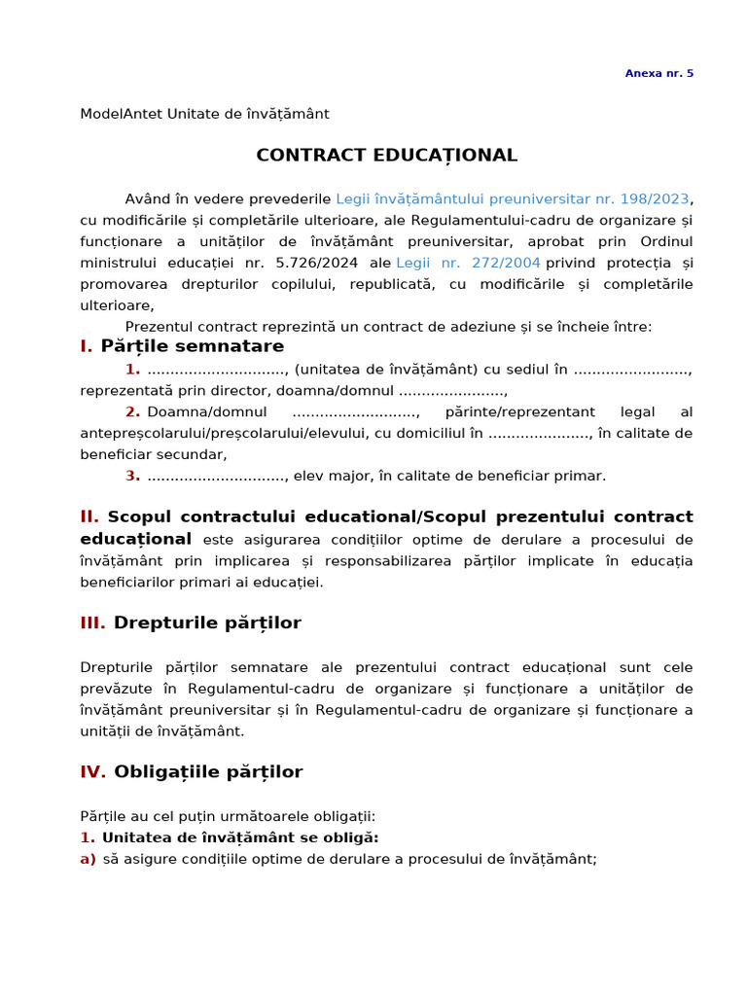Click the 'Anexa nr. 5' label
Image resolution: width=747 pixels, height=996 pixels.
click(658, 73)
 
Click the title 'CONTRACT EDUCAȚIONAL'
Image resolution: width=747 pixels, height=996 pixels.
click(386, 156)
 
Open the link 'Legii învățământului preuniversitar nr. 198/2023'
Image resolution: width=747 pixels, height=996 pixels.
click(512, 198)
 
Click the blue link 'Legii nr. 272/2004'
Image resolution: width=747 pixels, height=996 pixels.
click(468, 263)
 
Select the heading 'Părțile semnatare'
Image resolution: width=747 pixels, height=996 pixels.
click(192, 346)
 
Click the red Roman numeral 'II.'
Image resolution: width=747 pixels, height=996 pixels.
click(89, 516)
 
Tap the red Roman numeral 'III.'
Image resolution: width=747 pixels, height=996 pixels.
click(92, 623)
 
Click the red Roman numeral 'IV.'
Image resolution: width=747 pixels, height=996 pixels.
click(92, 772)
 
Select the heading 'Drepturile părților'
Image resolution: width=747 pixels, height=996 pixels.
click(207, 623)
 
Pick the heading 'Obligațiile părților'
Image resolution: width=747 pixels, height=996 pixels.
click(208, 772)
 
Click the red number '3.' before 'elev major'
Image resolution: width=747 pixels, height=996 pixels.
click(132, 476)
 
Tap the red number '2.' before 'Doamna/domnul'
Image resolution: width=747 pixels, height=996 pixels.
click(132, 411)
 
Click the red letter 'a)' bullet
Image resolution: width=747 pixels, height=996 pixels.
click(88, 859)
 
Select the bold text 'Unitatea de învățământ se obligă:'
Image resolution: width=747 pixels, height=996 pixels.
click(240, 837)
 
